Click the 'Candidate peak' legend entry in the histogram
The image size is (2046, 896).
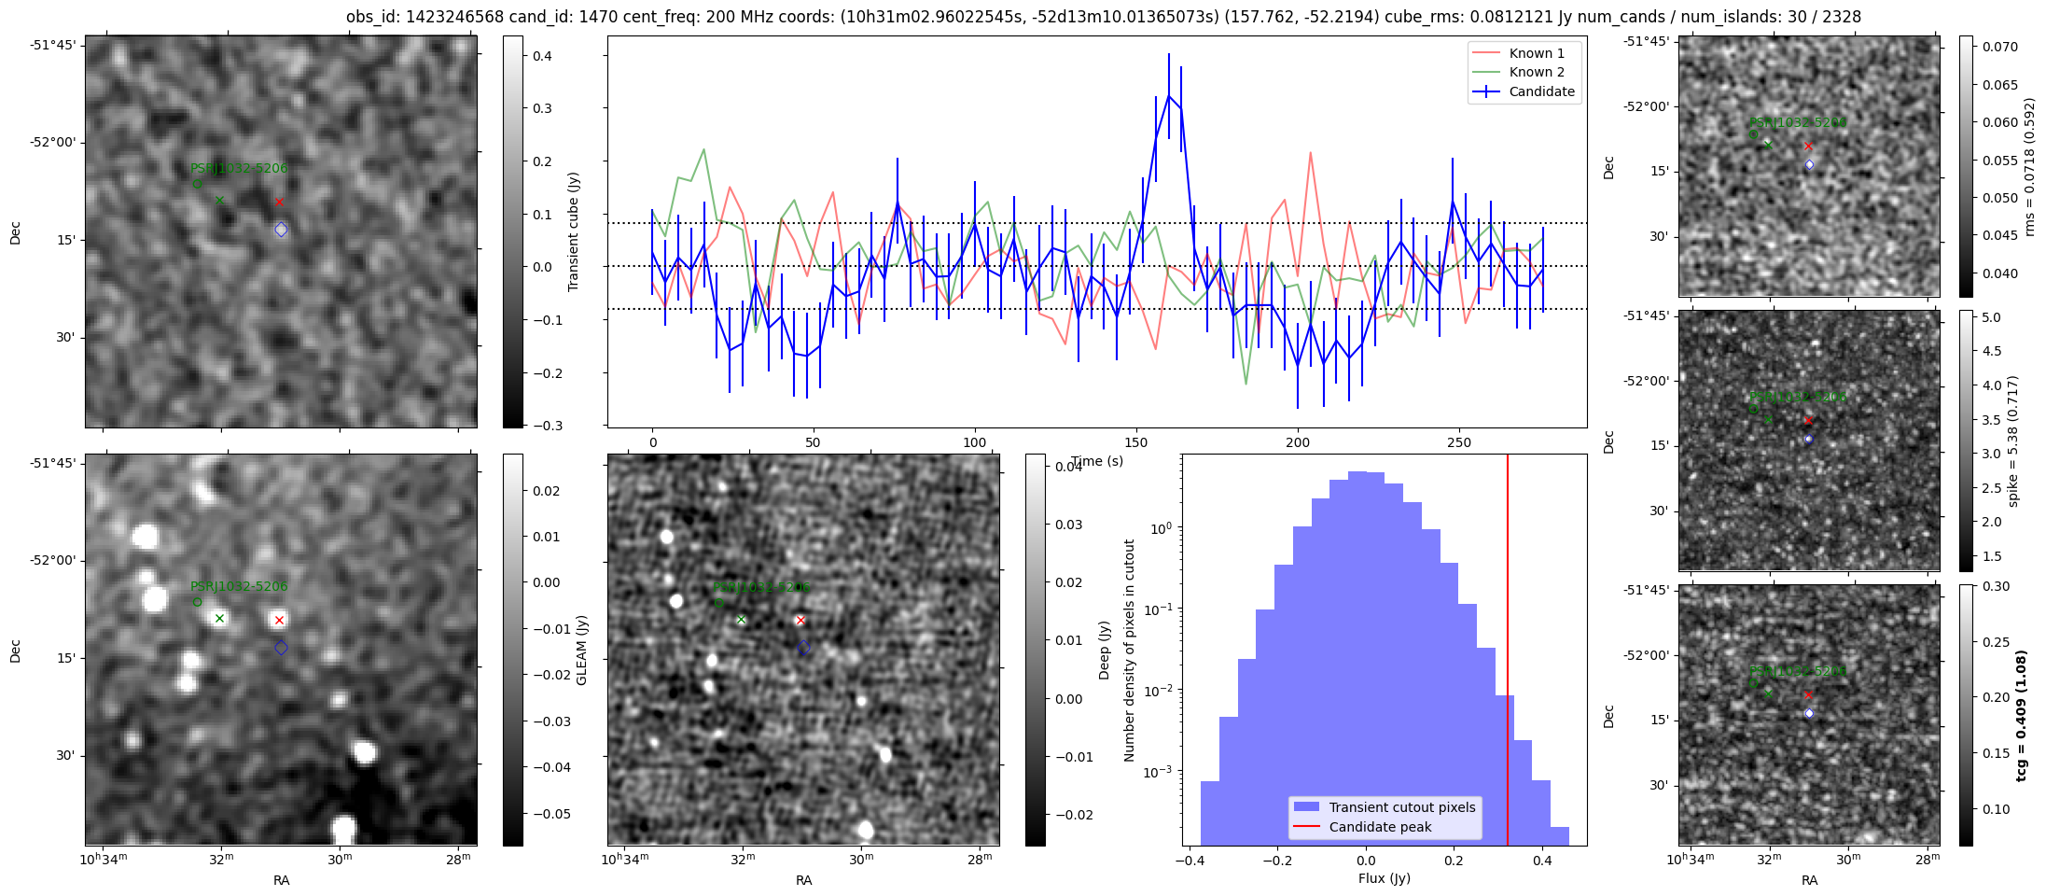coord(1380,827)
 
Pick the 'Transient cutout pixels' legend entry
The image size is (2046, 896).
coord(1401,807)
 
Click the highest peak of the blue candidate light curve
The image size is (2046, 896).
coord(1168,94)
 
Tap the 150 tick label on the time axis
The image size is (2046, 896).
coord(1136,442)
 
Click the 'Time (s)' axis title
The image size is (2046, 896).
coord(1097,461)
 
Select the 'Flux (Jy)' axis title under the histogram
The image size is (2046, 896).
coord(1385,878)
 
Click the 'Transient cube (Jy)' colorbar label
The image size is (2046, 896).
coord(574,231)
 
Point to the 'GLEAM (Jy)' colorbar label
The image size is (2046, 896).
coord(581,650)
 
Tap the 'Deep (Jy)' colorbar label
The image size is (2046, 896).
coord(1104,650)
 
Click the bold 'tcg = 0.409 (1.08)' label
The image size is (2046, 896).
coord(2021,715)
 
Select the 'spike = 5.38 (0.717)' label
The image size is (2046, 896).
coord(2012,441)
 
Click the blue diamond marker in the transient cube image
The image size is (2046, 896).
coord(281,230)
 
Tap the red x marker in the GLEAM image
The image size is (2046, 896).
coord(279,620)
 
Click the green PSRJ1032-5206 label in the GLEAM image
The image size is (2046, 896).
coord(239,586)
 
